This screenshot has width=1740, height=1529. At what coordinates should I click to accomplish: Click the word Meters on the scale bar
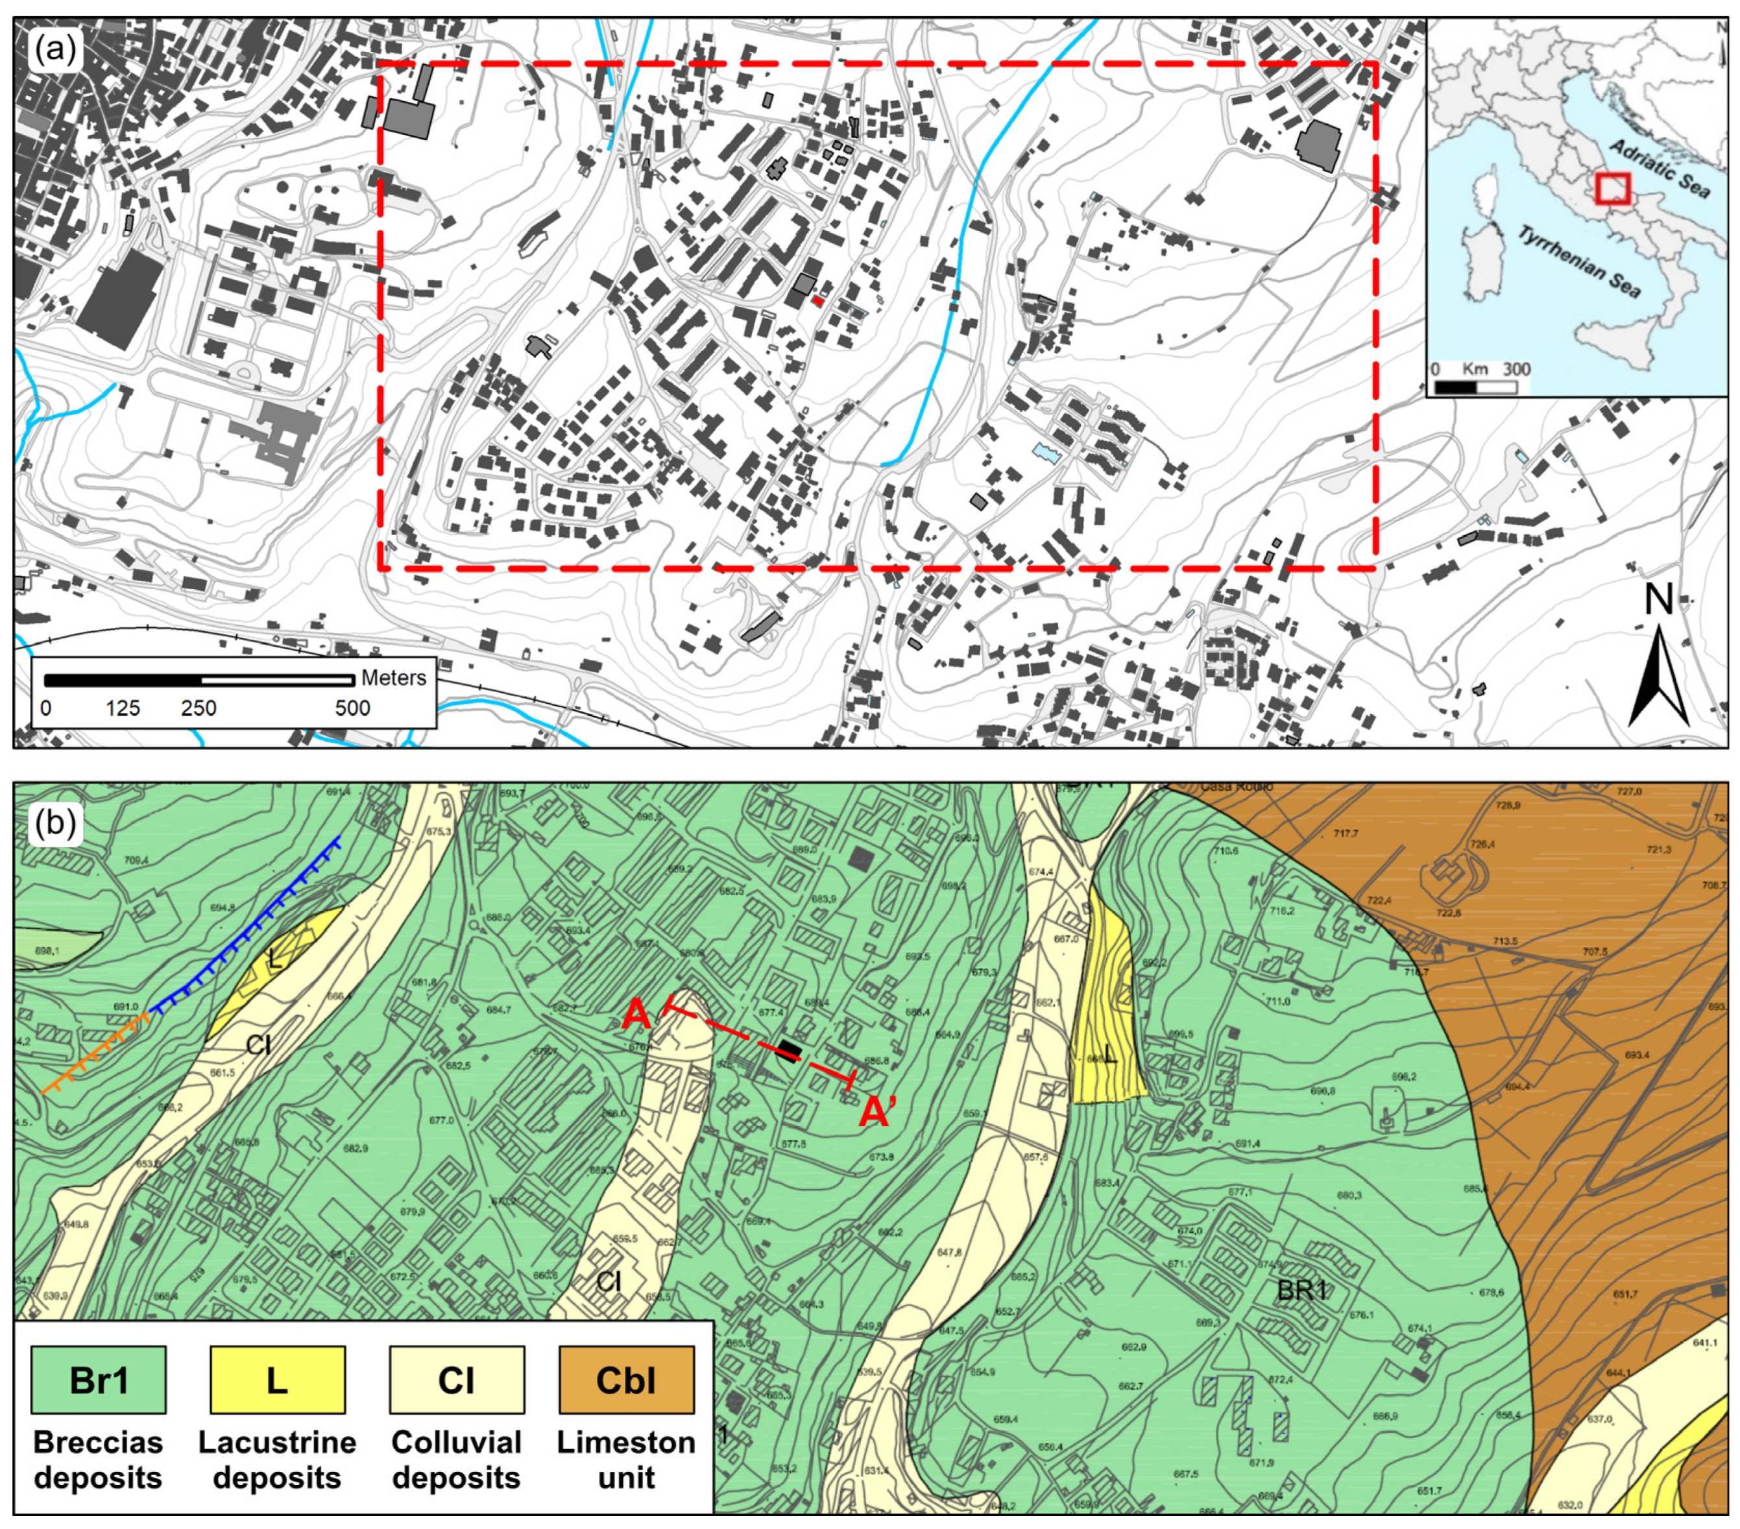coord(393,678)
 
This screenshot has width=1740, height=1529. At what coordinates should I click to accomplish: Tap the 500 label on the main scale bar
coord(352,708)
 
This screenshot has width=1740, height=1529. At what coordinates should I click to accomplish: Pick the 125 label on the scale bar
coord(123,708)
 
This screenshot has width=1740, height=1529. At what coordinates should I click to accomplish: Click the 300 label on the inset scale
coord(1516,370)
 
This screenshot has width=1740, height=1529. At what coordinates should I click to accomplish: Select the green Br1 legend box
coord(98,1380)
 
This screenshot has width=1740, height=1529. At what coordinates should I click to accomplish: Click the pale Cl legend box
coord(455,1380)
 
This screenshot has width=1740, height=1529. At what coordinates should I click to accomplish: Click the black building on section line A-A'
coord(788,1052)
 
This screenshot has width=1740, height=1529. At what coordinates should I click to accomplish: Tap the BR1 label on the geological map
coord(1301,1290)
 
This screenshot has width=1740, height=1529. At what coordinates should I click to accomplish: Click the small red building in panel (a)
coord(817,300)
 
